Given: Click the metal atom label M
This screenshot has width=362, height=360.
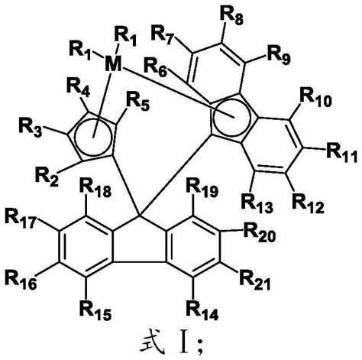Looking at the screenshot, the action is [x=113, y=65].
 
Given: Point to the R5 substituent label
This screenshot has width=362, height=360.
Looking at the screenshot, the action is [x=137, y=102].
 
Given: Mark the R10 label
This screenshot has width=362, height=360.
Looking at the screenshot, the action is [x=315, y=97].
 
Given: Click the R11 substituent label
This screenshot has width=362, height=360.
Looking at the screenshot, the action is [x=342, y=153].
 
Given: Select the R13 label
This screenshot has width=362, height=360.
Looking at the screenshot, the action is [x=257, y=203].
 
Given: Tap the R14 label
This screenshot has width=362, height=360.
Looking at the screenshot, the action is [x=202, y=310].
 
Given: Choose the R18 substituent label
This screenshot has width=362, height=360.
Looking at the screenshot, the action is [x=95, y=189].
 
